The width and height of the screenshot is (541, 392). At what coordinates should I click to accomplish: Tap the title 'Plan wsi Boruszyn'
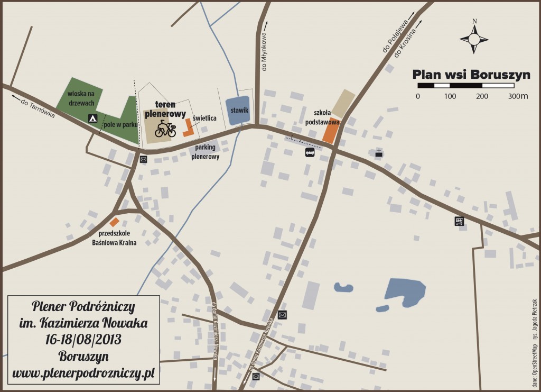[x=471, y=74]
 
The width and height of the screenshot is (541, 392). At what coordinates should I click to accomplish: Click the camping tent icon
[x=92, y=118]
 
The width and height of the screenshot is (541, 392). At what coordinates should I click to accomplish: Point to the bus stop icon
[x=310, y=153]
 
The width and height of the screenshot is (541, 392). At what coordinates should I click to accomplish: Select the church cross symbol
[x=379, y=153]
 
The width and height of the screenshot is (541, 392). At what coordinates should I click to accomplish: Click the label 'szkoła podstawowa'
[x=322, y=117]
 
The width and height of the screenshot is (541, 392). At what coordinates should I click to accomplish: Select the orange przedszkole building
[x=114, y=222]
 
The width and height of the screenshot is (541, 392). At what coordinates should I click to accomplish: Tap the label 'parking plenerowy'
[x=206, y=152]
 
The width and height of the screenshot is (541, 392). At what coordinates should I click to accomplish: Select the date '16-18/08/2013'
[x=83, y=339]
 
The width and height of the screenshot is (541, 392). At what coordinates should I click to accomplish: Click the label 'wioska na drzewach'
[x=80, y=98]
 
